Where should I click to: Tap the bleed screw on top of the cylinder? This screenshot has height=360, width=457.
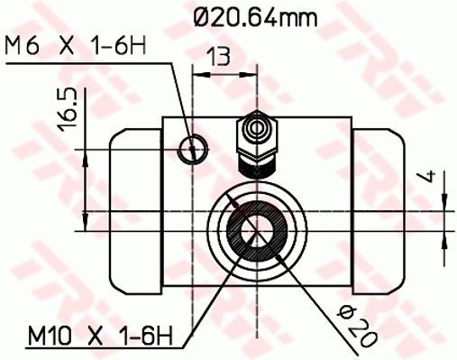point(254,142)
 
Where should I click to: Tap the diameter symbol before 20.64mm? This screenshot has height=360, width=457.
point(204,15)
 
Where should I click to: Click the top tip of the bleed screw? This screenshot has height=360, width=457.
point(254,114)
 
